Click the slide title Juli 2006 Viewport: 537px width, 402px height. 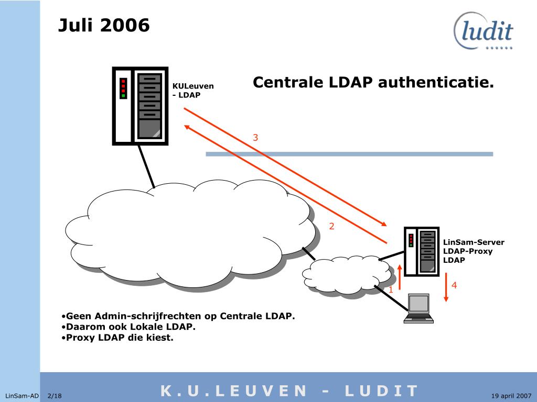pyautogui.click(x=104, y=25)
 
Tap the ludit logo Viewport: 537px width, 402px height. pyautogui.click(x=484, y=31)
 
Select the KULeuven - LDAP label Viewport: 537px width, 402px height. pyautogui.click(x=193, y=91)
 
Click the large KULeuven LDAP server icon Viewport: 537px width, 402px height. pyautogui.click(x=140, y=106)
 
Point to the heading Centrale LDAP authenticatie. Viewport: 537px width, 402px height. pyautogui.click(x=373, y=83)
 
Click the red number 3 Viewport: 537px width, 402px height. pyautogui.click(x=255, y=138)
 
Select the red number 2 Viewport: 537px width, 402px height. pyautogui.click(x=331, y=227)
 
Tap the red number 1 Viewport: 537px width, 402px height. pyautogui.click(x=390, y=289)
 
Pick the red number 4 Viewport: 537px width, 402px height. pyautogui.click(x=454, y=285)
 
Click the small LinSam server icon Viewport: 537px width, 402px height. pyautogui.click(x=422, y=251)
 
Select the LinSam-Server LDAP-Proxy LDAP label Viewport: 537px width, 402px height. pyautogui.click(x=473, y=251)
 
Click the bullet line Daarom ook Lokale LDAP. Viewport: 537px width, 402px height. pyautogui.click(x=128, y=327)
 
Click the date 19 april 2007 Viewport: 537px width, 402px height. pyautogui.click(x=511, y=396)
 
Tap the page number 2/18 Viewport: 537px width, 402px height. pyautogui.click(x=55, y=396)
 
